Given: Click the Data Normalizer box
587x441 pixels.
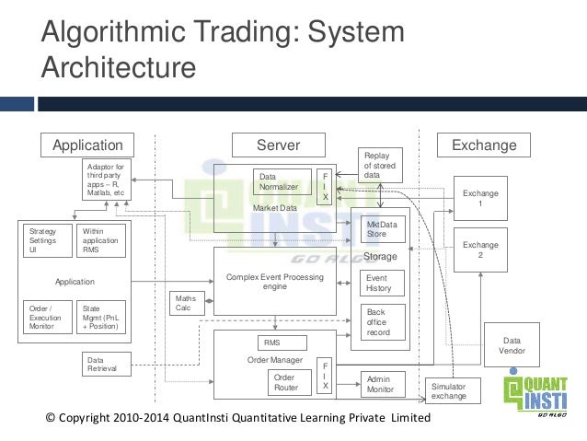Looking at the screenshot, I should (x=282, y=181).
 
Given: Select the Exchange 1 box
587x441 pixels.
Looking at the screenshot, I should (x=480, y=199).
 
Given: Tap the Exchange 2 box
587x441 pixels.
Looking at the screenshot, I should (x=480, y=250).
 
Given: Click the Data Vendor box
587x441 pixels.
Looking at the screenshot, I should (x=512, y=344).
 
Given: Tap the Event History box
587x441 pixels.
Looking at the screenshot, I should (x=382, y=283).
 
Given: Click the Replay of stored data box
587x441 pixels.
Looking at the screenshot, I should (x=381, y=165).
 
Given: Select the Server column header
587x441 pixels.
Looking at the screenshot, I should (x=278, y=145).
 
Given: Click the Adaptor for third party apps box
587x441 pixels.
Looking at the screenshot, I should (x=107, y=179).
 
